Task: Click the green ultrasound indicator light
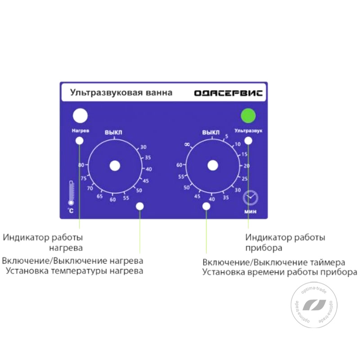point(248,116)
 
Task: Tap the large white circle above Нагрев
point(80,116)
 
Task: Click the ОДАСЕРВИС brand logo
point(229,93)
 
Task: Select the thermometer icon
point(71,193)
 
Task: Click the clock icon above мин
point(251,198)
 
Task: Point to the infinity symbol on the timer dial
point(187,144)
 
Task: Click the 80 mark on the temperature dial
point(81,165)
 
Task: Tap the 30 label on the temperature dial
point(143,147)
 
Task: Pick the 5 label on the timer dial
point(227,136)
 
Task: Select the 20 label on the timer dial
point(247,166)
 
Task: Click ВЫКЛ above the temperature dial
point(113,132)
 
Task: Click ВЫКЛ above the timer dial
point(211,132)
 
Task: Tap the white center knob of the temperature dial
point(115,166)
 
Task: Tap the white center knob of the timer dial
point(212,166)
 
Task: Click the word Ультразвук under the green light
point(248,130)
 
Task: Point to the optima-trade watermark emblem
point(314,305)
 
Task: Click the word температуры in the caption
point(79,271)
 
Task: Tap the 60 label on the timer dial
point(179,165)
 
